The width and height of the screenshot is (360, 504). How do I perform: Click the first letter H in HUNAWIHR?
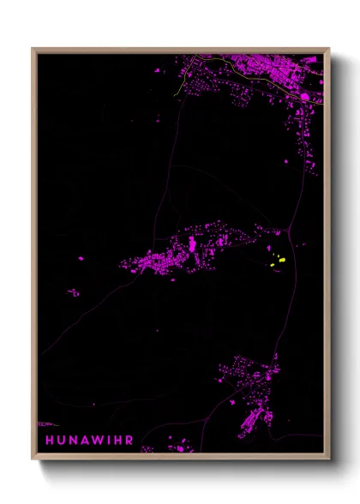pyautogui.click(x=49, y=441)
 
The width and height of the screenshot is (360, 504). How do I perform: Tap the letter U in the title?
pyautogui.click(x=64, y=441)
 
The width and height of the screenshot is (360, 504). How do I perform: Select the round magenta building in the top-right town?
pyautogui.click(x=305, y=97)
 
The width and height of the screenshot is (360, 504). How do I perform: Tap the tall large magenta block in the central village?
pyautogui.click(x=191, y=247)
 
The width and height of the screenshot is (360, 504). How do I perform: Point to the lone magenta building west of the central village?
pyautogui.click(x=81, y=258)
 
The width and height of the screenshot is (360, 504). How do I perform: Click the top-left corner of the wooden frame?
pyautogui.click(x=33, y=49)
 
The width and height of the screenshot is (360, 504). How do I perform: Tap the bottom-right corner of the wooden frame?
pyautogui.click(x=330, y=460)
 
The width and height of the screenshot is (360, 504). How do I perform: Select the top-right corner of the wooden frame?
pyautogui.click(x=330, y=49)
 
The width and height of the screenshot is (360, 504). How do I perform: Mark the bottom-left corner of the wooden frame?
pyautogui.click(x=33, y=460)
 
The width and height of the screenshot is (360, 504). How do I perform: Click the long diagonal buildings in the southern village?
pyautogui.click(x=250, y=421)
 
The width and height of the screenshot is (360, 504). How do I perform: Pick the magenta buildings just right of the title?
pyautogui.click(x=176, y=445)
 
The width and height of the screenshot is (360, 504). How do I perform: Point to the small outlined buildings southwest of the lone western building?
pyautogui.click(x=74, y=292)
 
